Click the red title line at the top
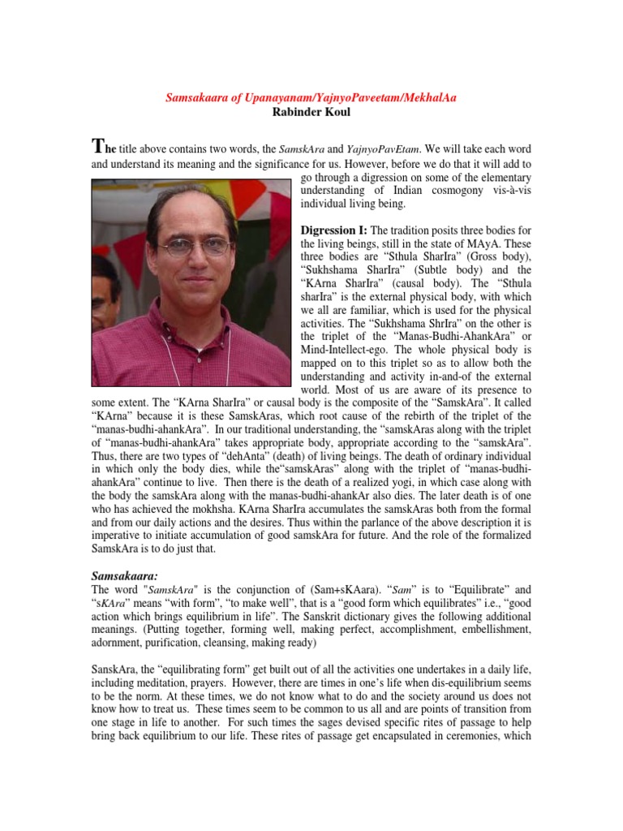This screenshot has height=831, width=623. pyautogui.click(x=311, y=98)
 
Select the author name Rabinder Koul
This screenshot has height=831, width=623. pyautogui.click(x=311, y=112)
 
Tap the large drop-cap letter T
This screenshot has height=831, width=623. pyautogui.click(x=98, y=146)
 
